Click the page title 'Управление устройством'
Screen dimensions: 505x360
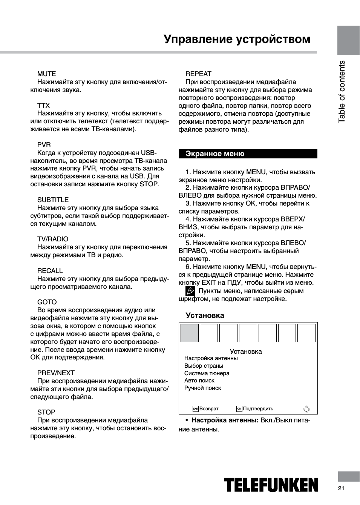pyautogui.click(x=237, y=39)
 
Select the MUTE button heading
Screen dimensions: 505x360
pyautogui.click(x=46, y=74)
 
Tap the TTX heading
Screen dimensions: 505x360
pyautogui.click(x=43, y=106)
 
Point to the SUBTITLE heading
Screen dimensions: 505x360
pyautogui.click(x=53, y=200)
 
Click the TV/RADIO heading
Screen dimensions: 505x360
pyautogui.click(x=53, y=239)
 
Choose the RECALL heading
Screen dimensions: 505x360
pyautogui.click(x=50, y=271)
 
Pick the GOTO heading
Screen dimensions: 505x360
pyautogui.click(x=47, y=302)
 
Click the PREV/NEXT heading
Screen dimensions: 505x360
pyautogui.click(x=56, y=373)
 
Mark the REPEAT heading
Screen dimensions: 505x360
pyautogui.click(x=198, y=74)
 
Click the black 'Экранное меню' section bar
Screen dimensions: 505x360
pyautogui.click(x=248, y=154)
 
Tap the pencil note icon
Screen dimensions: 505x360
pyautogui.click(x=190, y=291)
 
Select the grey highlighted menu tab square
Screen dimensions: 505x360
pyautogui.click(x=190, y=333)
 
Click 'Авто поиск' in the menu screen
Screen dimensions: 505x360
pyautogui.click(x=199, y=381)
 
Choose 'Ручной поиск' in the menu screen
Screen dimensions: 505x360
pyautogui.click(x=202, y=388)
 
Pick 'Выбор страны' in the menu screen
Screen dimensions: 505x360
pyautogui.click(x=204, y=366)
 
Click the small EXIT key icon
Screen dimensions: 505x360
pyautogui.click(x=195, y=409)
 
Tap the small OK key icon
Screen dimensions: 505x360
pyautogui.click(x=239, y=409)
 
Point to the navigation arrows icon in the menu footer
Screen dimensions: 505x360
pyautogui.click(x=306, y=409)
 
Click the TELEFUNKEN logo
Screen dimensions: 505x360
pyautogui.click(x=271, y=485)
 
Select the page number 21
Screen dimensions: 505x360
pyautogui.click(x=341, y=489)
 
